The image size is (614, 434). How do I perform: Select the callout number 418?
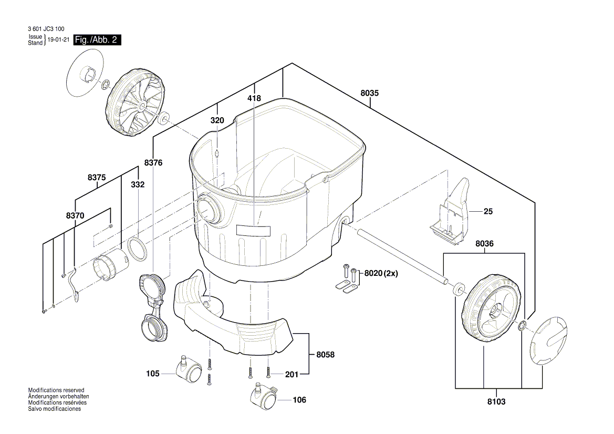click(254, 98)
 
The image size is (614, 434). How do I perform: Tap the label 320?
click(217, 120)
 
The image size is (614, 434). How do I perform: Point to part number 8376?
click(153, 163)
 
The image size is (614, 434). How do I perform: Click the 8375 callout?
click(97, 178)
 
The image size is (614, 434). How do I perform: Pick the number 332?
click(138, 185)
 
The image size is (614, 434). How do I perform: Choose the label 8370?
click(75, 215)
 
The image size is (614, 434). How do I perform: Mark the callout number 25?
click(488, 212)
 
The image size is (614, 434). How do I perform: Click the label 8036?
click(485, 244)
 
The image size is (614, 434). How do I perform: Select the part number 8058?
click(325, 355)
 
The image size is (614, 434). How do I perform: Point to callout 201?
click(292, 374)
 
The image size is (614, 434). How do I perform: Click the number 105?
click(153, 374)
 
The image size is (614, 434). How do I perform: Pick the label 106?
click(299, 400)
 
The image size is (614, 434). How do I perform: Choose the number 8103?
click(496, 401)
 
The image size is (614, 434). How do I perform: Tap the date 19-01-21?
click(58, 40)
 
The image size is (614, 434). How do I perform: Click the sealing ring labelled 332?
click(138, 249)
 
